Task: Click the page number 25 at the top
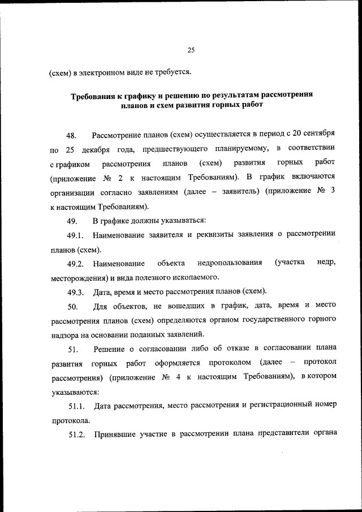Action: [191, 50]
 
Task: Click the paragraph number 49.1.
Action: [76, 235]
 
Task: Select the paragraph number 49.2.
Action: [76, 263]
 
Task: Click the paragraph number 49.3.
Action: [76, 292]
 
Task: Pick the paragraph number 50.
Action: [72, 306]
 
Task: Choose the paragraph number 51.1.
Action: [76, 405]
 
